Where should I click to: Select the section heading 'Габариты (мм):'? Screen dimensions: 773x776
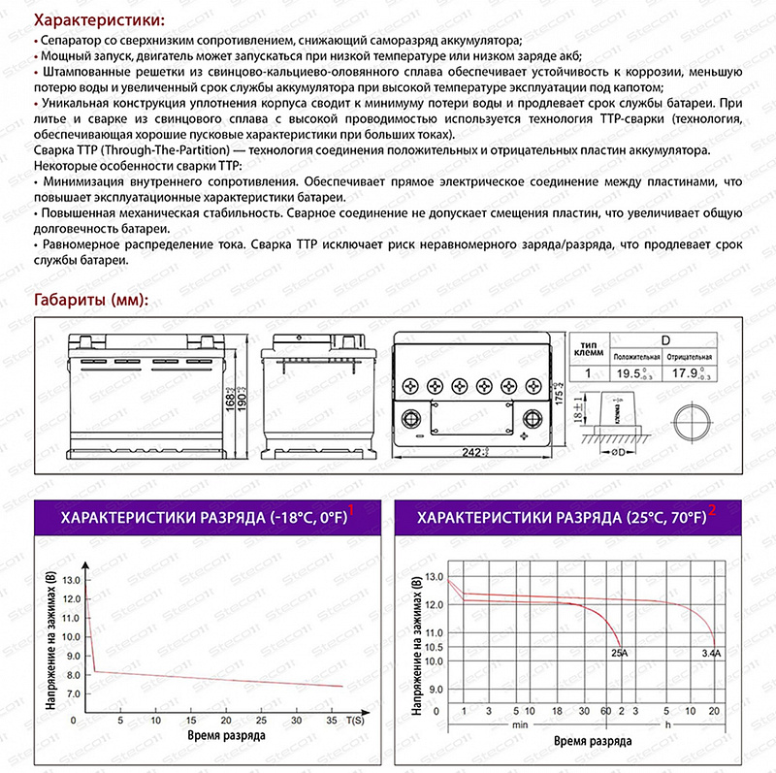coord(90,300)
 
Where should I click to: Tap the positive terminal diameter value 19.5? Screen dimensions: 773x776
coord(632,373)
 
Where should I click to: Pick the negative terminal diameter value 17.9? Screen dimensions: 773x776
coord(689,373)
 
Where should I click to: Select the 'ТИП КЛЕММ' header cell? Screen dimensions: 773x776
coord(588,348)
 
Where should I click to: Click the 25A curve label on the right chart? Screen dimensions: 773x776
coord(619,655)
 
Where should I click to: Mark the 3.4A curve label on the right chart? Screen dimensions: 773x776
coord(711,655)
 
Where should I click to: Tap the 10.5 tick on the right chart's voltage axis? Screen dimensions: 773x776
coord(433,647)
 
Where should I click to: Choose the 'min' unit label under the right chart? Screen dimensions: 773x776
coord(520,724)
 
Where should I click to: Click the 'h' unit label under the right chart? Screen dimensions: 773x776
coord(668,724)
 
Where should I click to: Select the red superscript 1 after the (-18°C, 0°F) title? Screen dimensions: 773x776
coord(351,508)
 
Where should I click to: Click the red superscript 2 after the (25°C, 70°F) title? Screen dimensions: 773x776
coord(713,508)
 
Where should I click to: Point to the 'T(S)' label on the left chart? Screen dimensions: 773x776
coord(355,721)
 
